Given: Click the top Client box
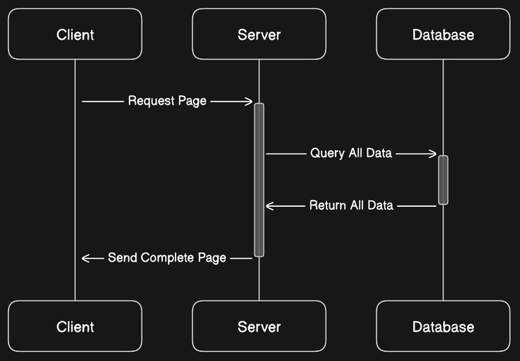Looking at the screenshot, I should pyautogui.click(x=75, y=34).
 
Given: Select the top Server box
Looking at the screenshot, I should pyautogui.click(x=259, y=34).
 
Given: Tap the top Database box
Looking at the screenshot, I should pyautogui.click(x=443, y=34).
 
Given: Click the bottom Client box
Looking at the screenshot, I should pyautogui.click(x=75, y=326).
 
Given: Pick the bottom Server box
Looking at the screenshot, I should pyautogui.click(x=259, y=326).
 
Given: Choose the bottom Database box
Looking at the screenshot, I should pyautogui.click(x=443, y=326).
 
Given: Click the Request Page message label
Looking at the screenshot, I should pyautogui.click(x=167, y=101).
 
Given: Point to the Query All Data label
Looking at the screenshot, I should pyautogui.click(x=351, y=153).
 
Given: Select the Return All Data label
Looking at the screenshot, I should pyautogui.click(x=351, y=205).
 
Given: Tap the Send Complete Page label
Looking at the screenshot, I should pyautogui.click(x=167, y=258).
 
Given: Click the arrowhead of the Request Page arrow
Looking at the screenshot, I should pyautogui.click(x=250, y=101).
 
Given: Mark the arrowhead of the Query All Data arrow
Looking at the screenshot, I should pyautogui.click(x=433, y=153).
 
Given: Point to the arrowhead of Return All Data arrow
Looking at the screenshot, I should pyautogui.click(x=269, y=205).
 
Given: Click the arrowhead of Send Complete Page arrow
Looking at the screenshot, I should pyautogui.click(x=85, y=258).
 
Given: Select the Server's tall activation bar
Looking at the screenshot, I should pyautogui.click(x=259, y=180).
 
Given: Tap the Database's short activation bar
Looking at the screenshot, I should pyautogui.click(x=443, y=180).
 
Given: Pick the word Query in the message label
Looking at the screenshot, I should pyautogui.click(x=326, y=153).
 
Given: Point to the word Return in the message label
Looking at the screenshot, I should pyautogui.click(x=327, y=205).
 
